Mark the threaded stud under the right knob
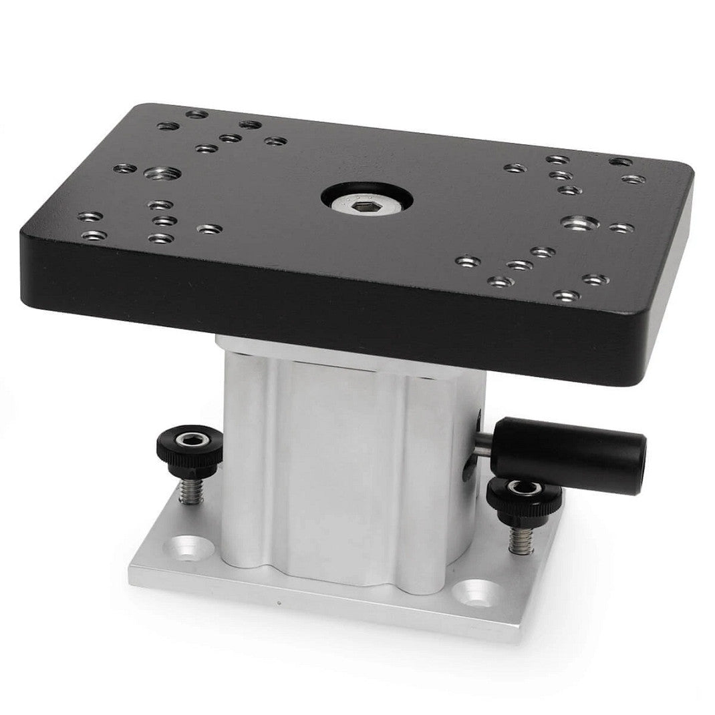[x=520, y=537]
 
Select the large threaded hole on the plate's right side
[x=579, y=222]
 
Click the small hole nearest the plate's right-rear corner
[x=620, y=162]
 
